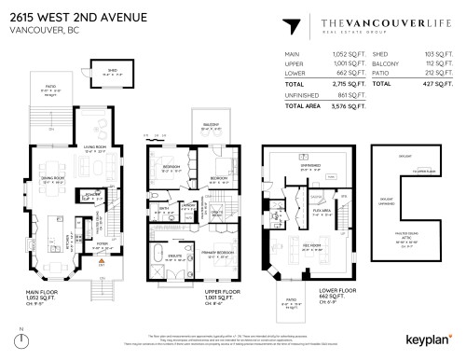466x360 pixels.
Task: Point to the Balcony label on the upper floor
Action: pos(213,128)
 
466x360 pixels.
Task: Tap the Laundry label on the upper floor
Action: pos(187,204)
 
